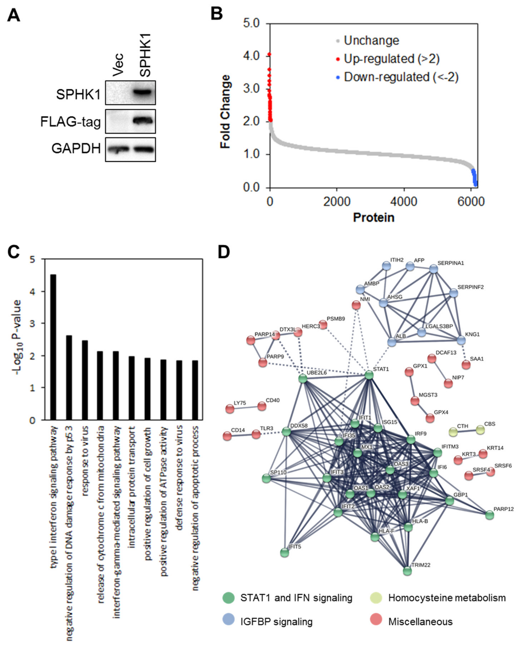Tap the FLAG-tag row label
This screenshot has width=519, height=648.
pyautogui.click(x=71, y=122)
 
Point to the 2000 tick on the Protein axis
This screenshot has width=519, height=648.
pyautogui.click(x=337, y=201)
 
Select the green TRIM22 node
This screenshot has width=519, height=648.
pyautogui.click(x=407, y=571)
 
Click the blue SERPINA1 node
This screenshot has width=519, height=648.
pyautogui.click(x=433, y=269)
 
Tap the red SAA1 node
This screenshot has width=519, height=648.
pyautogui.click(x=466, y=365)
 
